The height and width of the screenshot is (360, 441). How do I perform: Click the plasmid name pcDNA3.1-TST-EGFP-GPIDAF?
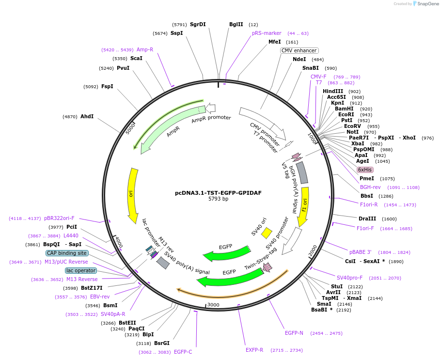pyautogui.click(x=218, y=193)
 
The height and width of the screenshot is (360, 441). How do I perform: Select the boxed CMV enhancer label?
pyautogui.click(x=299, y=50)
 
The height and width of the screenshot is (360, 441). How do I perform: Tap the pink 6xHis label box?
pyautogui.click(x=364, y=170)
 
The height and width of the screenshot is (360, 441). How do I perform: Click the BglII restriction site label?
pyautogui.click(x=236, y=24)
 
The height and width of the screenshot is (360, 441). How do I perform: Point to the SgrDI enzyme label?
pyautogui.click(x=198, y=24)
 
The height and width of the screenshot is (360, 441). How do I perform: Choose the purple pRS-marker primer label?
pyautogui.click(x=267, y=33)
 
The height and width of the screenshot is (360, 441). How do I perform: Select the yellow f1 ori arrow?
pyautogui.click(x=304, y=206)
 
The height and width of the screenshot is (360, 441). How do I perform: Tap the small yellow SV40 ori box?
pyautogui.click(x=267, y=233)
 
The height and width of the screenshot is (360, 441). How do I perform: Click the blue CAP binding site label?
pyautogui.click(x=67, y=253)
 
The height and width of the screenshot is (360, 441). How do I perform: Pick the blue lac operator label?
pyautogui.click(x=81, y=270)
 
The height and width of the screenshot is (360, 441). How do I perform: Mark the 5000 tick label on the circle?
pyautogui.click(x=130, y=128)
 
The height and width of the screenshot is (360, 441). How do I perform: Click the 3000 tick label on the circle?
pyautogui.click(x=213, y=305)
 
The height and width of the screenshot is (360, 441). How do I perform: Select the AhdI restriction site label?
pyautogui.click(x=87, y=116)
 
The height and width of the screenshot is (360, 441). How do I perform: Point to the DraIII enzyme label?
pyautogui.click(x=367, y=219)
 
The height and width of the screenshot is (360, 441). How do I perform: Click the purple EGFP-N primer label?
pyautogui.click(x=294, y=333)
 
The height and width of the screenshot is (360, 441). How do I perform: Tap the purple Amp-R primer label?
pyautogui.click(x=145, y=49)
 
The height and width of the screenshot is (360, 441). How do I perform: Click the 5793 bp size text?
pyautogui.click(x=218, y=199)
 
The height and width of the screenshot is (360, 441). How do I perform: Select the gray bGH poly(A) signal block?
pyautogui.click(x=302, y=172)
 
